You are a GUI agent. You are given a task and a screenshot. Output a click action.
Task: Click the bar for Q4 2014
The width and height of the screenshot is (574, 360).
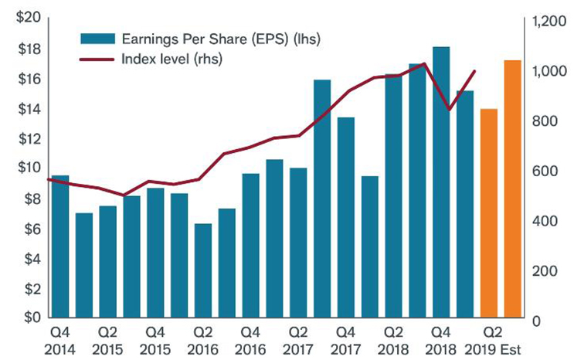59,247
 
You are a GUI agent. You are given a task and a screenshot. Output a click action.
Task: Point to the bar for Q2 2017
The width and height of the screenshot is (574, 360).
298,243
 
